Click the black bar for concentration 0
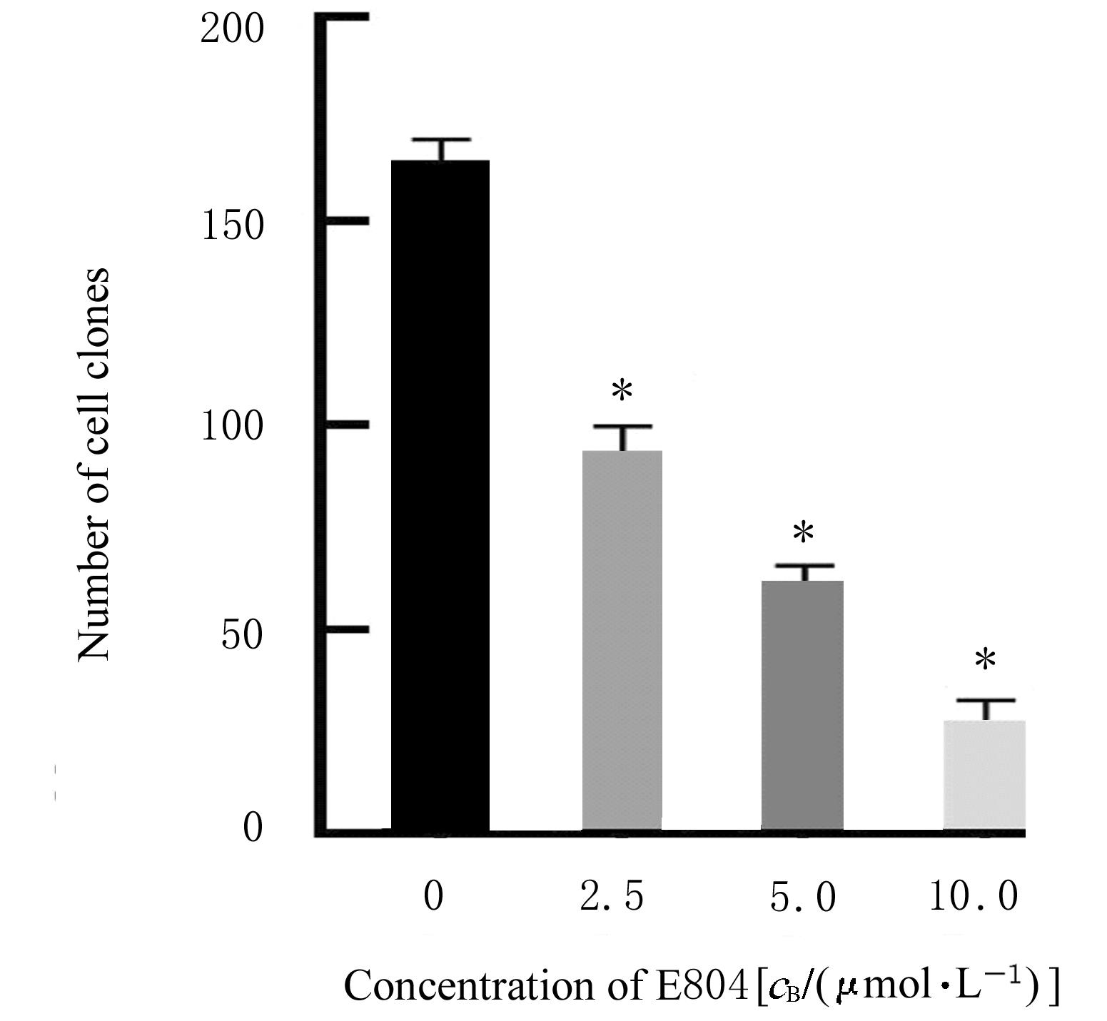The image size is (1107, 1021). click(440, 495)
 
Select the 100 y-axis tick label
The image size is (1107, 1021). click(232, 428)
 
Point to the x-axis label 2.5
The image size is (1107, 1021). click(612, 896)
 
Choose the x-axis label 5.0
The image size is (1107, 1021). click(803, 896)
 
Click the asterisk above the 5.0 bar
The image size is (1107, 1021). click(804, 533)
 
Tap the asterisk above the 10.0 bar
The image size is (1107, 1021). click(985, 661)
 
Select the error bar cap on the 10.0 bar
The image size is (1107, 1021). click(986, 701)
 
